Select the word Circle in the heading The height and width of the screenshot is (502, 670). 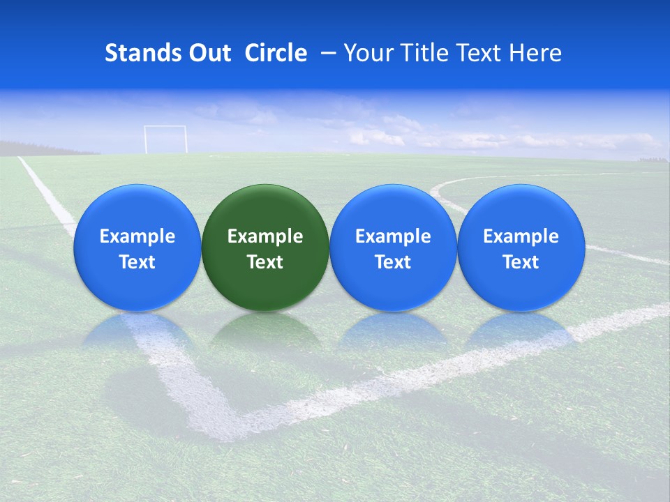coord(276,53)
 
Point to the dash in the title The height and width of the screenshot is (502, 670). coord(326,53)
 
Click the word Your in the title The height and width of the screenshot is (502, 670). coord(366,53)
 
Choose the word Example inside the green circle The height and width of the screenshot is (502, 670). coord(265,236)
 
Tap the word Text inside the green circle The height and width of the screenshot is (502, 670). coord(265,262)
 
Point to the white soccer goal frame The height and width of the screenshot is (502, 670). coord(165,139)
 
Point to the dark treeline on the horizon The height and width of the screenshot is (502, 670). coord(42,149)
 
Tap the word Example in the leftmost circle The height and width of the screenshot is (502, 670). coord(137,236)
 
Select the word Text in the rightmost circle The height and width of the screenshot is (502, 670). coord(521,262)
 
